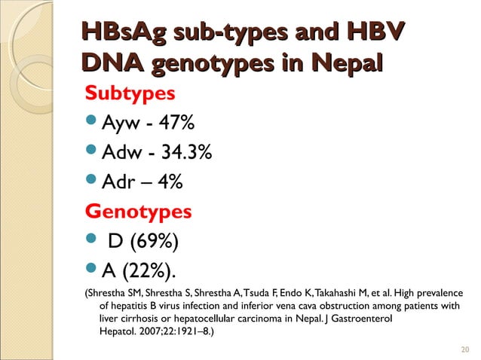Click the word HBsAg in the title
tap(124, 35)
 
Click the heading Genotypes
tap(138, 212)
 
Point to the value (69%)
tap(154, 241)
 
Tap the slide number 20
tap(464, 349)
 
